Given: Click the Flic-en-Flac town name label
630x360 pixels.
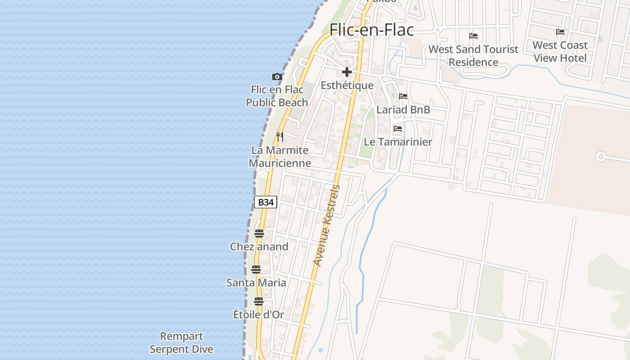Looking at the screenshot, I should click(x=372, y=30).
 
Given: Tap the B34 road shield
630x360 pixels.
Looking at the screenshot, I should click(x=265, y=202).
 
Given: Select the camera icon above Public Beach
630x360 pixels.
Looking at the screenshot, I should click(x=277, y=77).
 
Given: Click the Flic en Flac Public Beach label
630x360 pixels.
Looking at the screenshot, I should click(x=277, y=96).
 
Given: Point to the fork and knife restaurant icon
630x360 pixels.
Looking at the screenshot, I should click(x=280, y=136).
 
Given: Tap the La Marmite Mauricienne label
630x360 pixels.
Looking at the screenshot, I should click(x=280, y=156).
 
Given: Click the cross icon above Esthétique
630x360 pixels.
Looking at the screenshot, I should click(x=346, y=72).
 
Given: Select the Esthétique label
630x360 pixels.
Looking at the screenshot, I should click(x=347, y=85).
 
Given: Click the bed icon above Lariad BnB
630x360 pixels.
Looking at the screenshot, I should click(x=403, y=96).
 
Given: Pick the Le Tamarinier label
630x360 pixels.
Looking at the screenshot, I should click(x=398, y=142).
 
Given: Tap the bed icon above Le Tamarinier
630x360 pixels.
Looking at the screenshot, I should click(x=398, y=129).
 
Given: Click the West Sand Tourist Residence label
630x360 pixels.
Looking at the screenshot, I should click(x=473, y=55).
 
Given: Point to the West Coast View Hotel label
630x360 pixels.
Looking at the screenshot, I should click(x=560, y=51).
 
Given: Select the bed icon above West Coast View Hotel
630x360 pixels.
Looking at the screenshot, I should click(x=560, y=32).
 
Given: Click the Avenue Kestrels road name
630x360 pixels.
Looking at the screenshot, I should click(x=326, y=225).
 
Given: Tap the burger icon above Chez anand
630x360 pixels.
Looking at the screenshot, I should click(x=259, y=233).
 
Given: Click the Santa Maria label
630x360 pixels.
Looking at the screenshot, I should click(x=256, y=283).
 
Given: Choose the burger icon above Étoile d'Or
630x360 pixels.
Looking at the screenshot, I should click(x=258, y=301).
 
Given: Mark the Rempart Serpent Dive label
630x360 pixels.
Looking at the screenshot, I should click(x=181, y=342).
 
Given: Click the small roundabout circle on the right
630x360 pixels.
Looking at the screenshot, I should click(x=600, y=157).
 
